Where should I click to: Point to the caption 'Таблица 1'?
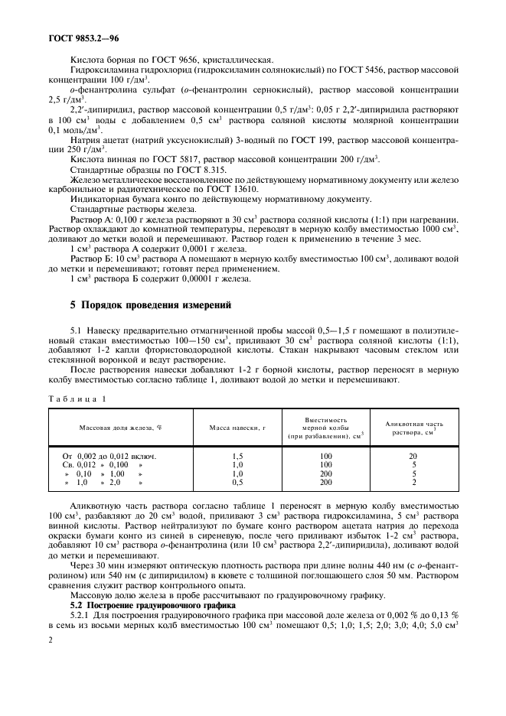[x=77, y=399]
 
